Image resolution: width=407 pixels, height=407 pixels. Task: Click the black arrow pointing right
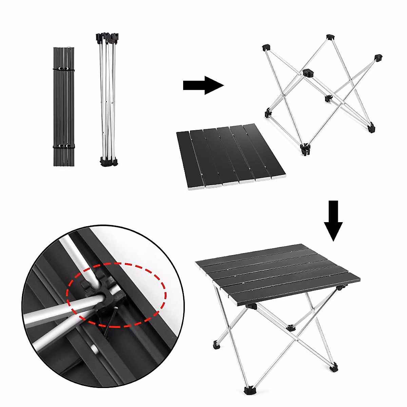[203, 85]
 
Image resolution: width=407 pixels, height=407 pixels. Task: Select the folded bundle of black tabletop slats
[63, 107]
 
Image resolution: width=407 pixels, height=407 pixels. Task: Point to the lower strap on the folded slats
[63, 146]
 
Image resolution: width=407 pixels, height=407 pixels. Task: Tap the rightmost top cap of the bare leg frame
[378, 57]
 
